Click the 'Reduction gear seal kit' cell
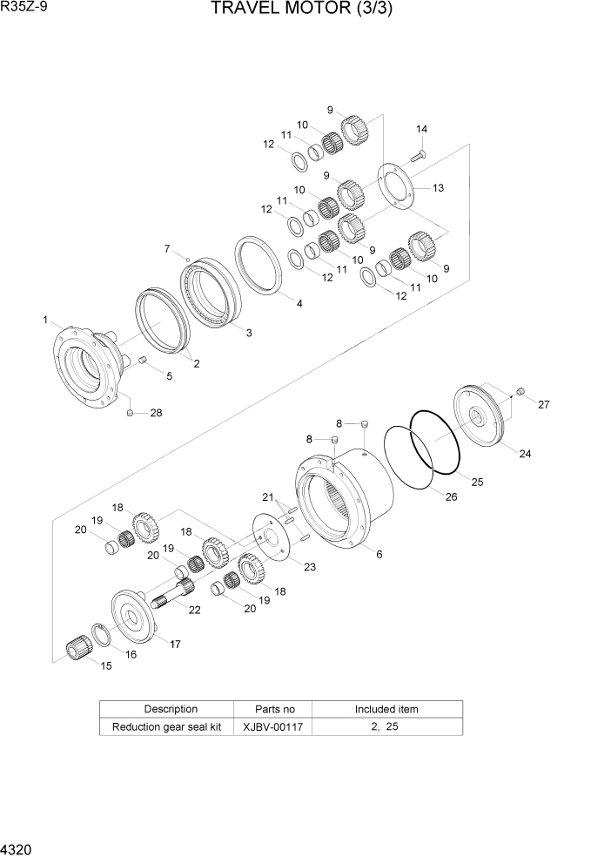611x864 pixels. (166, 726)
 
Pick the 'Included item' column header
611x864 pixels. (386, 709)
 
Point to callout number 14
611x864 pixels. (421, 129)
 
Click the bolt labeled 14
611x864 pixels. (416, 158)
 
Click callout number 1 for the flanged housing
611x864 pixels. (44, 321)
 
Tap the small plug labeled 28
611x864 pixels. (130, 413)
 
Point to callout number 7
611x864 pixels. (166, 249)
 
